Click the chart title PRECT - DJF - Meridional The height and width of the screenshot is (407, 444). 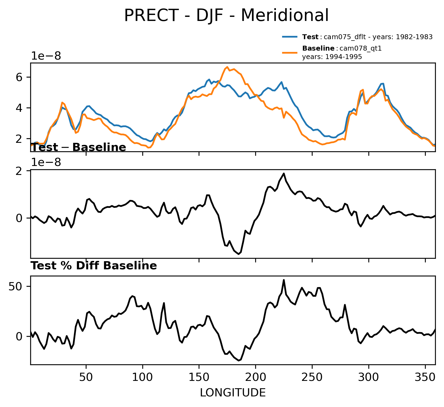click(x=226, y=16)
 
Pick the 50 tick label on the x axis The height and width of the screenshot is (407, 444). click(x=86, y=378)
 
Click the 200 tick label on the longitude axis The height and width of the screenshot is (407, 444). click(x=255, y=378)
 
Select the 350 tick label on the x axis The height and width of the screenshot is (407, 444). click(x=425, y=378)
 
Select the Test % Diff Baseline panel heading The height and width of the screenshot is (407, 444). click(x=94, y=266)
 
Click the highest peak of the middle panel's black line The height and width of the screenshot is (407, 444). click(x=284, y=173)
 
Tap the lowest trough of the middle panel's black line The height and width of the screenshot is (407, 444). click(x=239, y=254)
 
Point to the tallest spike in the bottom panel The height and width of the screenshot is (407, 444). click(x=284, y=280)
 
